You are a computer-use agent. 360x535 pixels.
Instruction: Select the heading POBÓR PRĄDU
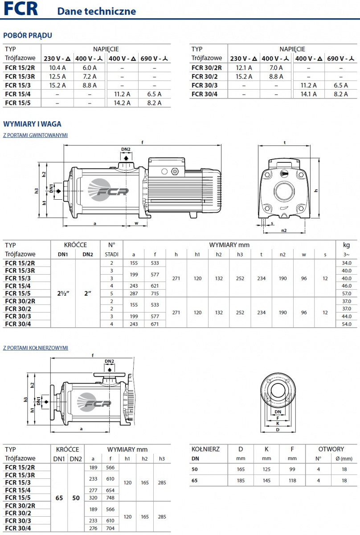(28, 35)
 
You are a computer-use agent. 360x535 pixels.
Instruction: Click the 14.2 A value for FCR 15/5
(122, 103)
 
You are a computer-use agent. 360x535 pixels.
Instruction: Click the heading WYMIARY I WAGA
(32, 124)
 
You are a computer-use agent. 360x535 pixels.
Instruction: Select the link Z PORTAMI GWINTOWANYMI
(35, 135)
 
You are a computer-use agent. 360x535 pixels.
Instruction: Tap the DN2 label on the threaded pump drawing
(126, 149)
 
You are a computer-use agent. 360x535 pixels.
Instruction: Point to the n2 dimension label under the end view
(283, 230)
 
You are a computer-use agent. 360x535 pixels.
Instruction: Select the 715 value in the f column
(155, 294)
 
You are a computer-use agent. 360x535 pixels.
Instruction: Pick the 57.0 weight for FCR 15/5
(347, 294)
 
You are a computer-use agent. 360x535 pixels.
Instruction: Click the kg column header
(347, 245)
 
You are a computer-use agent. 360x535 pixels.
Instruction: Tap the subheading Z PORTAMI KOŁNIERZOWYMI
(35, 347)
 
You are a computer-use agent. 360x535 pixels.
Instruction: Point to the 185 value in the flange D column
(241, 481)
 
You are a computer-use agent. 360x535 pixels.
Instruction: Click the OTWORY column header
(331, 449)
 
